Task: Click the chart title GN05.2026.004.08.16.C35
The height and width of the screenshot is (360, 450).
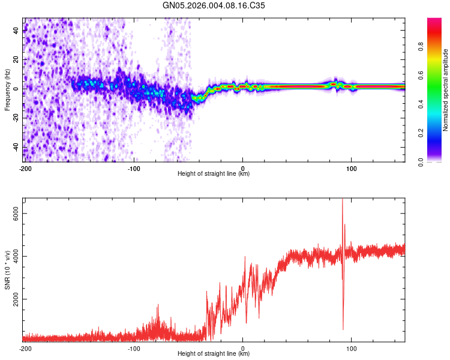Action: click(214, 6)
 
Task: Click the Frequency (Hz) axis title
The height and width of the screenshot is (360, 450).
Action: click(8, 90)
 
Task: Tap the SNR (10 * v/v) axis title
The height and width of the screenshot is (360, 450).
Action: click(8, 269)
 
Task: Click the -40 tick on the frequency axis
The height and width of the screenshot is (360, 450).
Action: click(16, 147)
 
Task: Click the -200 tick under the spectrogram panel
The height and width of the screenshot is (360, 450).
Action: click(25, 167)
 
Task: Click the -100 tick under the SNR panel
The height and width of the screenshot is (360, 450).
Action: click(134, 347)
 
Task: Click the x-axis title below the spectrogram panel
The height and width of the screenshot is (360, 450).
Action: click(214, 173)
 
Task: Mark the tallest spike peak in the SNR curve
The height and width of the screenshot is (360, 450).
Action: click(342, 200)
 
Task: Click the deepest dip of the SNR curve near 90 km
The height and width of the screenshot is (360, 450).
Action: click(343, 329)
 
